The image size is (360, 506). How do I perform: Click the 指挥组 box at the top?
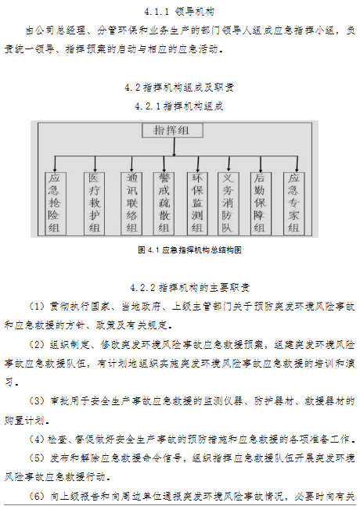(172, 131)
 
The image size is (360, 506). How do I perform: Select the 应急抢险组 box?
(56, 203)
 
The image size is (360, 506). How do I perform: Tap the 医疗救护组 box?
(94, 203)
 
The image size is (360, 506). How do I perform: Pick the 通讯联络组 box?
(131, 203)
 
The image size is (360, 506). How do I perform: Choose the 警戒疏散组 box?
(164, 203)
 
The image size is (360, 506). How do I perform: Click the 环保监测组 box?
(197, 203)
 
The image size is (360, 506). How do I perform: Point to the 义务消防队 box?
(228, 203)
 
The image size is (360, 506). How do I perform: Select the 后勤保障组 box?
(261, 203)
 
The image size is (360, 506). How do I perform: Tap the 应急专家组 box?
(293, 203)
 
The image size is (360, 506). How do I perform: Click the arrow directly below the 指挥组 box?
(174, 147)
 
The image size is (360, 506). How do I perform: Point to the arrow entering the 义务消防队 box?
(229, 164)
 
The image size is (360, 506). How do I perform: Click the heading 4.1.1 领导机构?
(179, 12)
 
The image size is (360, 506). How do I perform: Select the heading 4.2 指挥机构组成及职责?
(179, 88)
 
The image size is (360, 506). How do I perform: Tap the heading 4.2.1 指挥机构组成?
(179, 106)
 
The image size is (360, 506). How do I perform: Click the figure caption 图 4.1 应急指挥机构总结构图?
(189, 250)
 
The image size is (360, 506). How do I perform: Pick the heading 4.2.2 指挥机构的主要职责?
(190, 287)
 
